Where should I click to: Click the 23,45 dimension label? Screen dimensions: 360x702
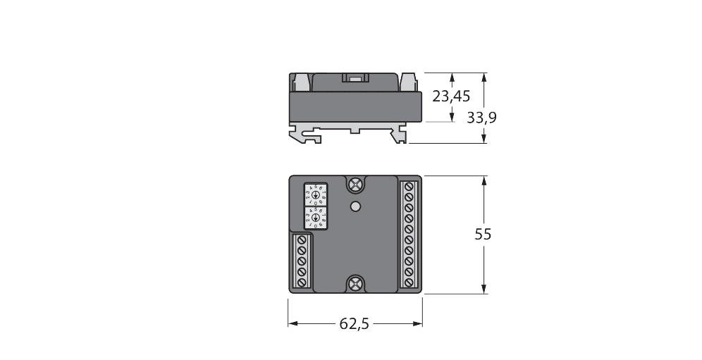(x=452, y=96)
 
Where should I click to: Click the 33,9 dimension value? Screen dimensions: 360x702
(x=482, y=118)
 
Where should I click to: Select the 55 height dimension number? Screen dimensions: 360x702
(x=483, y=235)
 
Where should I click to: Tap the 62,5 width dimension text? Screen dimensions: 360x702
(x=355, y=323)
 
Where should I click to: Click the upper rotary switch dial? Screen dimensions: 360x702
(x=314, y=194)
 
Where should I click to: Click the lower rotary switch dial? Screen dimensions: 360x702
(x=314, y=217)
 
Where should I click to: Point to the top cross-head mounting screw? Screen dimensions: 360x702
(x=356, y=185)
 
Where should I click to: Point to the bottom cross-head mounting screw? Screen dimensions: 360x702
(x=356, y=284)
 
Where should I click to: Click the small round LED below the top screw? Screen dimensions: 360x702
(x=356, y=206)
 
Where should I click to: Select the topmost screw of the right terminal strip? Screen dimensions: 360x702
(x=409, y=188)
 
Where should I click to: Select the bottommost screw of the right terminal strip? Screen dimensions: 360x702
(x=409, y=281)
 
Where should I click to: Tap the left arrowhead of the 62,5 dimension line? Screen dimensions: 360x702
(x=292, y=323)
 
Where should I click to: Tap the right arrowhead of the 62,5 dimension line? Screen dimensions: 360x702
(x=418, y=323)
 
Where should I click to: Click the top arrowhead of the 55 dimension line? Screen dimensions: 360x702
(x=484, y=181)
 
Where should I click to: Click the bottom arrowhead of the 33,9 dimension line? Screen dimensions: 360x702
(x=484, y=139)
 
